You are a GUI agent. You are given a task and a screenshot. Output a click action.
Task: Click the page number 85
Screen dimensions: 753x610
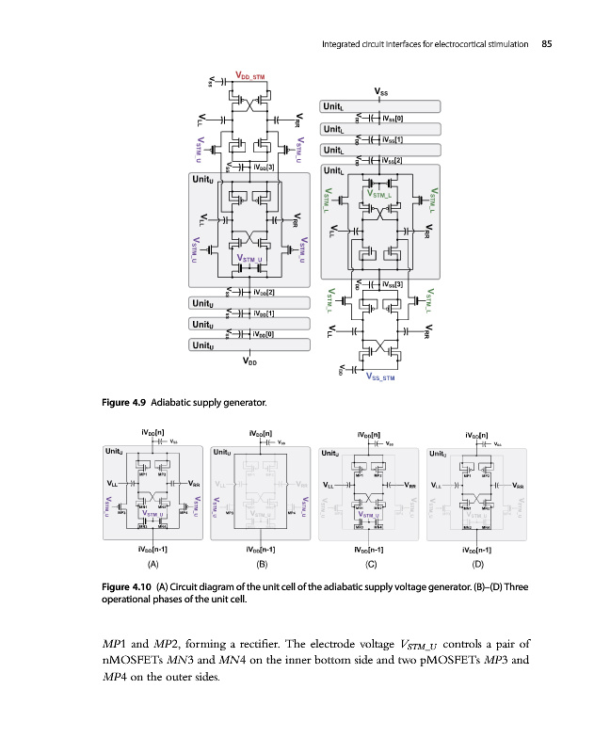tap(546, 42)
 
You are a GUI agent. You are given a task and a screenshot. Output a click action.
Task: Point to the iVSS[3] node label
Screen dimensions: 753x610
tap(393, 284)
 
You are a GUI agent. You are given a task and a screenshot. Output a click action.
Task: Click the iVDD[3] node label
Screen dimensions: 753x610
tap(264, 168)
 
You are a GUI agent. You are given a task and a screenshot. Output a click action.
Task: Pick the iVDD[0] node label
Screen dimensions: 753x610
tap(264, 333)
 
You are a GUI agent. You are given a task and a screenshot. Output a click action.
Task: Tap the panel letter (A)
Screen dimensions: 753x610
tap(151, 566)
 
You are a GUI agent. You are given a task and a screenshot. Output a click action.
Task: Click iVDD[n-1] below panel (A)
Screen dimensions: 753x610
tap(152, 549)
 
